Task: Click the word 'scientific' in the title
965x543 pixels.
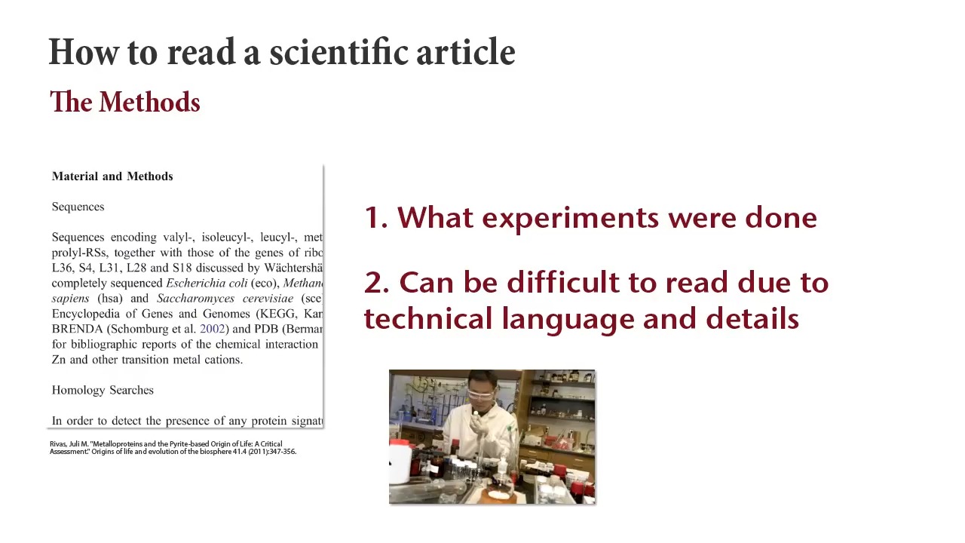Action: tap(339, 53)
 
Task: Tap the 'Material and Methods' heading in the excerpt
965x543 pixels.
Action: tap(112, 176)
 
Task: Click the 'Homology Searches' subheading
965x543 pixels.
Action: tap(103, 390)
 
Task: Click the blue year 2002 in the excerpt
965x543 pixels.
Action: tap(212, 329)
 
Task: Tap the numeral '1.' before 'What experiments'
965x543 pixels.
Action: tap(375, 218)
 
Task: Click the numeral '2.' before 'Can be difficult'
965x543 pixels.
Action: tap(376, 283)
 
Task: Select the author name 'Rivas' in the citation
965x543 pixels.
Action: tap(58, 444)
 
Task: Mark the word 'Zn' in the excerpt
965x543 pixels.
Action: tap(59, 360)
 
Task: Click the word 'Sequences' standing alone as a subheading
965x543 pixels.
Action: tap(78, 207)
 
